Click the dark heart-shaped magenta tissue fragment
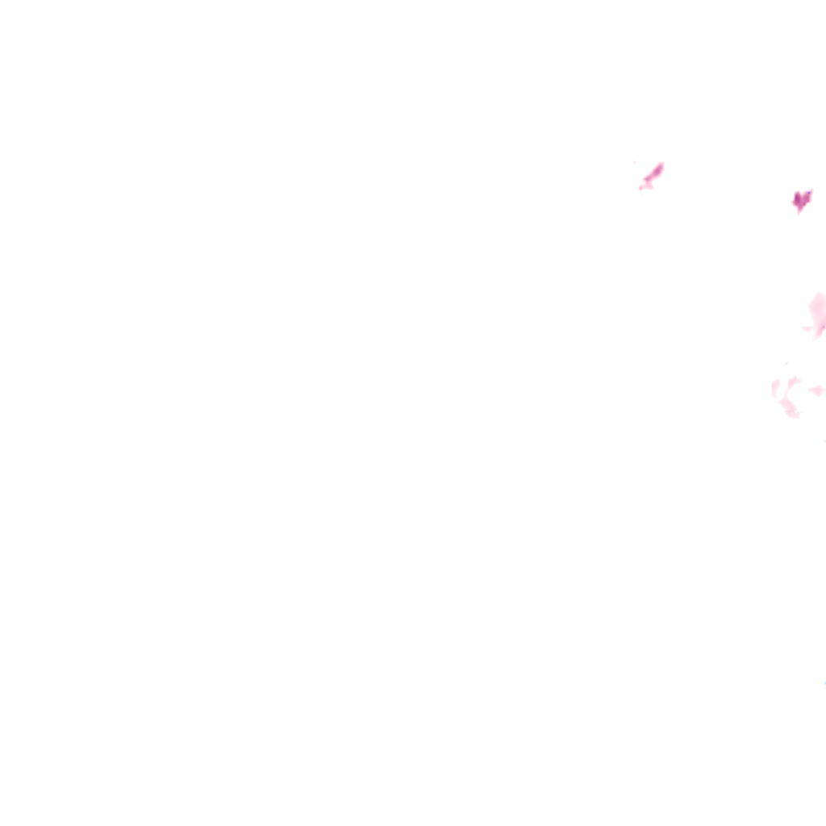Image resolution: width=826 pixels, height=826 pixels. (801, 199)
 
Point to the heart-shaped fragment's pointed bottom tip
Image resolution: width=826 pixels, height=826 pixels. (799, 211)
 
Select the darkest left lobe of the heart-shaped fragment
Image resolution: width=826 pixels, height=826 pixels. (797, 198)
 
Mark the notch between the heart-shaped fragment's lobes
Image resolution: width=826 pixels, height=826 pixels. (802, 194)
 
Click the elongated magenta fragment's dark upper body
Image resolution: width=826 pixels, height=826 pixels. (654, 172)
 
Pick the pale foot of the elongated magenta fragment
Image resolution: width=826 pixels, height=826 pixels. (645, 186)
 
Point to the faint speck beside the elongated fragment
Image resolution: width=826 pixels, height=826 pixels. (635, 163)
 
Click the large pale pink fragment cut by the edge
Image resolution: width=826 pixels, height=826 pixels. (818, 313)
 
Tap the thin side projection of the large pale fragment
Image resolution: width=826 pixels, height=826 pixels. (807, 328)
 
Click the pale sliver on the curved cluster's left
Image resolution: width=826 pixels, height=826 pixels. (775, 389)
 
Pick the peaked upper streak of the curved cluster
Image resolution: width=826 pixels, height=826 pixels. (792, 381)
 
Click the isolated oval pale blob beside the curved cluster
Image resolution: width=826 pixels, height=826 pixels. (816, 390)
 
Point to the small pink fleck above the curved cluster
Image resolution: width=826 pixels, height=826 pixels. (786, 364)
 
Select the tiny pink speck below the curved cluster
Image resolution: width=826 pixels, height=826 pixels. (824, 440)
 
